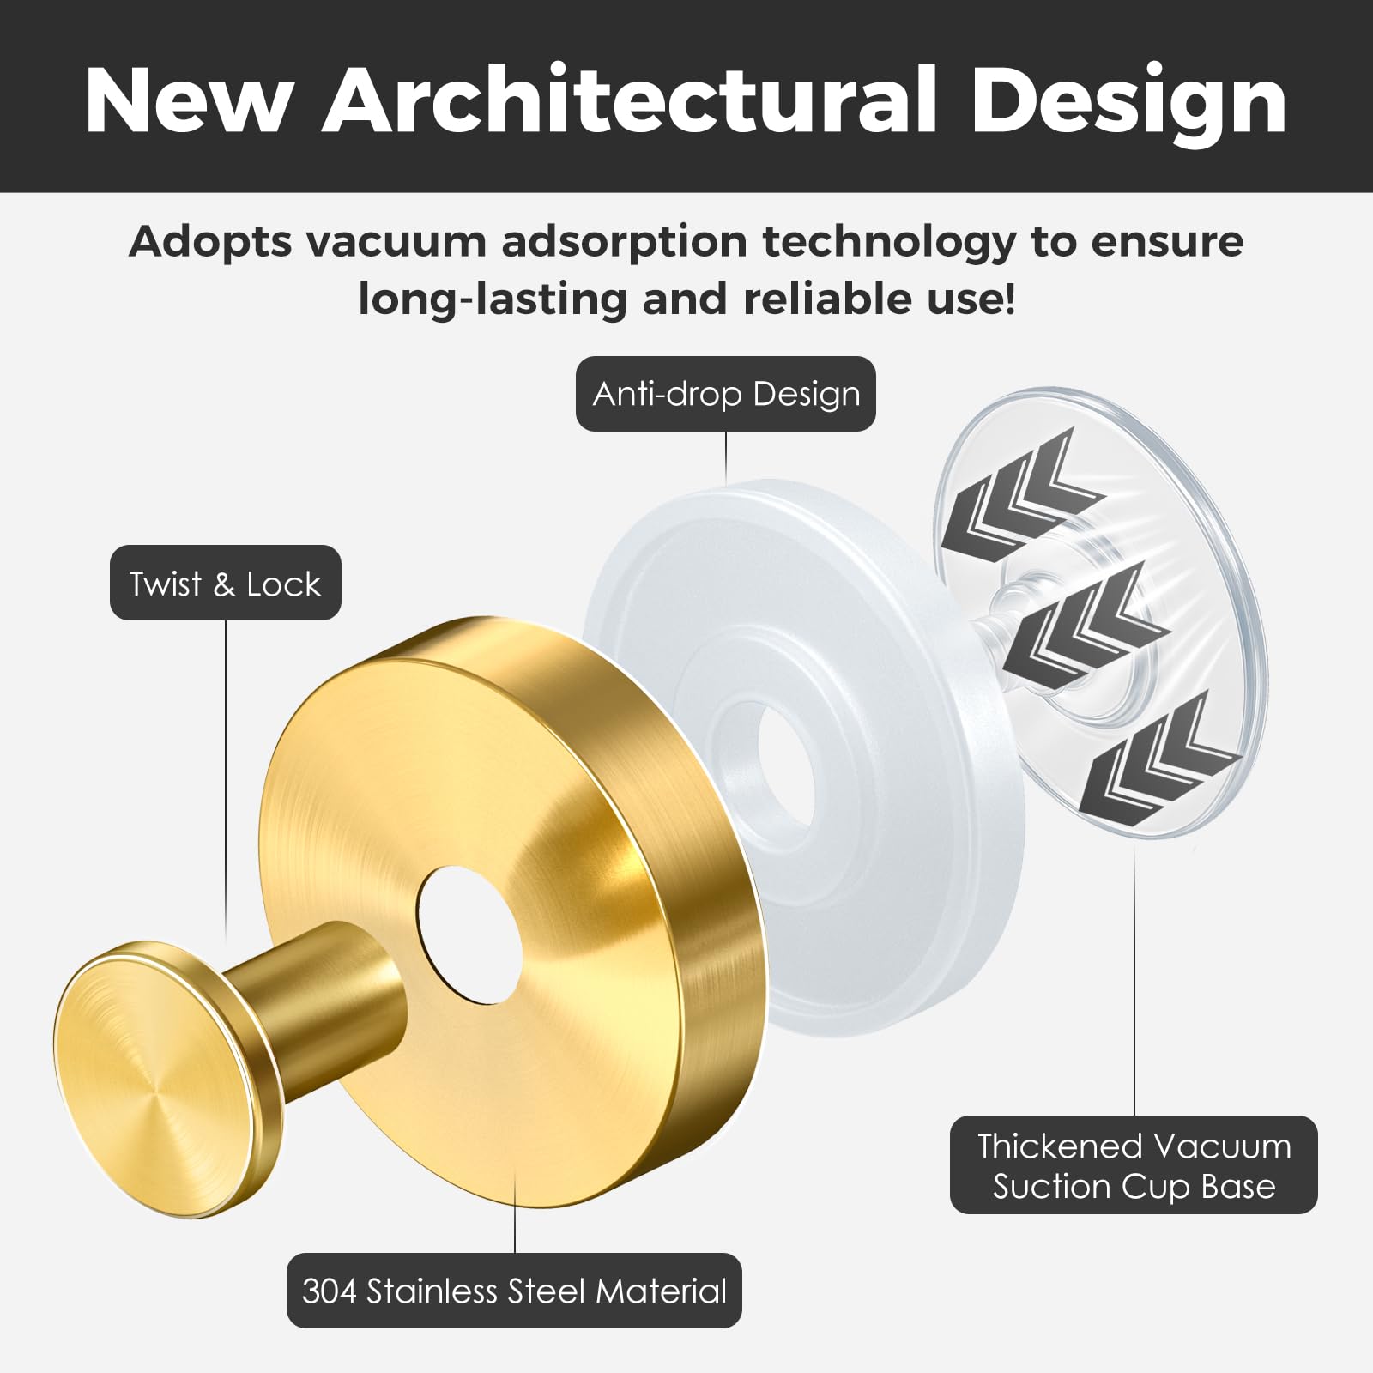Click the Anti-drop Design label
pos(726,394)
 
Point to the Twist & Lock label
pos(226,584)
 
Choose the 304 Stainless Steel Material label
pos(514,1291)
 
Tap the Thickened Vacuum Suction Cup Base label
pos(1134,1165)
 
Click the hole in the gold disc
pos(469,934)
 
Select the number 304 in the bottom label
pos(330,1291)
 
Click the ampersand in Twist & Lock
pos(224,584)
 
